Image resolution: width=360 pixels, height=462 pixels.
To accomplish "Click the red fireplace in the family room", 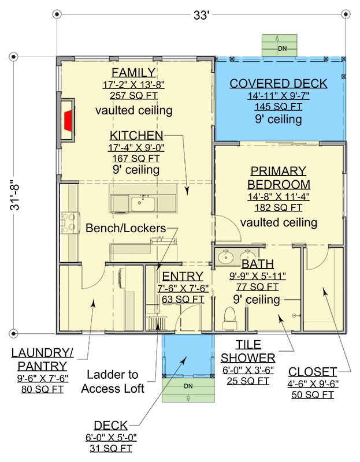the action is tap(68, 121).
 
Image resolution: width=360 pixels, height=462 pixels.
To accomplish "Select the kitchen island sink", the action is tap(143, 204).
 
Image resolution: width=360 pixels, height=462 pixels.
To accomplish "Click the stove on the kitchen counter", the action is tap(70, 223).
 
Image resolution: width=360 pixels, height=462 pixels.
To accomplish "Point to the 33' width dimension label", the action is tap(201, 16).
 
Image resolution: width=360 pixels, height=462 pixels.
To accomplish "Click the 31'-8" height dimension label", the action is tap(14, 195).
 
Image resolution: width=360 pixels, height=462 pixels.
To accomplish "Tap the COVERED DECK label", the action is tap(279, 84).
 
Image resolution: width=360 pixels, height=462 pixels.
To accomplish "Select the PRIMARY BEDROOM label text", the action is tap(279, 178).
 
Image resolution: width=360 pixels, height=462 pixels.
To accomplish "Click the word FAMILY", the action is tap(133, 73).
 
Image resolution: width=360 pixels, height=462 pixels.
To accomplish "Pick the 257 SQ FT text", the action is tap(133, 96).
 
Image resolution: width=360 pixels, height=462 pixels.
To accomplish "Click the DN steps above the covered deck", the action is tap(280, 46).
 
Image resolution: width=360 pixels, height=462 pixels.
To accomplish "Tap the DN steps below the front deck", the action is tap(188, 389).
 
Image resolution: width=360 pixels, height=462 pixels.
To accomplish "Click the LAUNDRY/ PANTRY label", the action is tap(42, 359).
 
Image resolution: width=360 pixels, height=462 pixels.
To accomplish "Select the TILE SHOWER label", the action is tap(248, 352).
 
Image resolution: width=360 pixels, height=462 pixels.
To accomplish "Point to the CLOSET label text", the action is tap(313, 372).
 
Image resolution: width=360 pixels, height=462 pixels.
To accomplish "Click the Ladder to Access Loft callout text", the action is tap(113, 382).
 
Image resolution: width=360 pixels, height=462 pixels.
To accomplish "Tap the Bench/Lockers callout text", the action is tap(126, 228).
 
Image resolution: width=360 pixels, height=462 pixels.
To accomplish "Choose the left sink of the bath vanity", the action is tap(225, 257).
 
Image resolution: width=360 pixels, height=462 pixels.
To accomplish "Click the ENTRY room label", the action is tap(183, 277).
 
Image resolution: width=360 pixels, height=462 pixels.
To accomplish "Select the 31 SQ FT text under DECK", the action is tap(111, 449).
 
